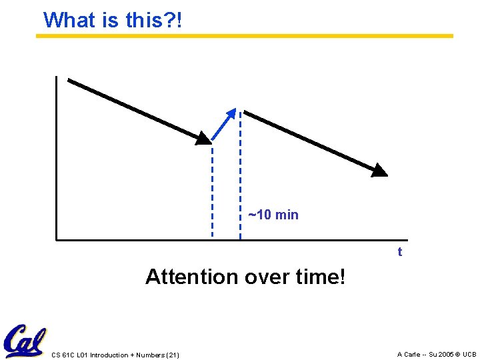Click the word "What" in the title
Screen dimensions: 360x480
(x=70, y=20)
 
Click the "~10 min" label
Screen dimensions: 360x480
(x=273, y=215)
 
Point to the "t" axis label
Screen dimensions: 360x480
(x=399, y=252)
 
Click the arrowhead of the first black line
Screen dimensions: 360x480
(x=203, y=137)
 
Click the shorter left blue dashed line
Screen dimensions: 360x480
(x=213, y=193)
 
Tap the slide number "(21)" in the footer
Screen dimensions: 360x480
(x=173, y=355)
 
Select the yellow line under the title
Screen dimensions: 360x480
(x=244, y=36)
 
